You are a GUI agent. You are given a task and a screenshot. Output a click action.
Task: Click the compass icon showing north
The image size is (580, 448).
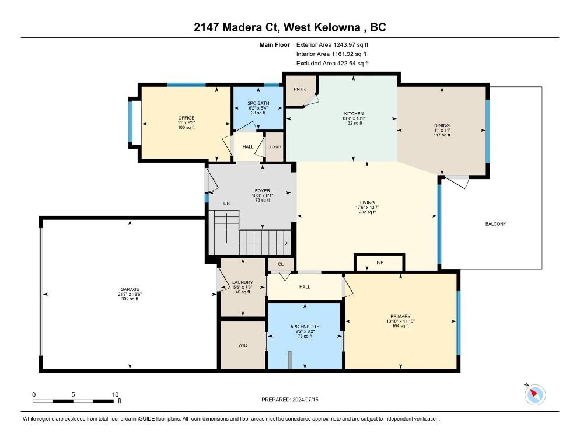coord(535,394)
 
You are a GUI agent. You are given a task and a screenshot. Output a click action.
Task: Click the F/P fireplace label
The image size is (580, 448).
coord(380,262)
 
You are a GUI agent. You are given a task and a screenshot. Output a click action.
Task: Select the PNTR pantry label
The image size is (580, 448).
coord(299,89)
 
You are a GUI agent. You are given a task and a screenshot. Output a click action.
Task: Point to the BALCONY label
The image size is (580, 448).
coord(495,224)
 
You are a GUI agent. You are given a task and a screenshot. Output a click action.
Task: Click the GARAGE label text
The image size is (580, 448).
coord(130,289)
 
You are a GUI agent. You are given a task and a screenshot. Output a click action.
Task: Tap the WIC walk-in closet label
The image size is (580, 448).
coord(243,345)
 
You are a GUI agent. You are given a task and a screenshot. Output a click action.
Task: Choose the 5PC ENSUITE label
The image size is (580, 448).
coord(305,327)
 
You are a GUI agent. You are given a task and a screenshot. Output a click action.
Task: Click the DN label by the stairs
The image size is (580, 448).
coord(226,204)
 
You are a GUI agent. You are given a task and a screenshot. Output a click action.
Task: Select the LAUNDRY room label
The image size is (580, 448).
coord(243,282)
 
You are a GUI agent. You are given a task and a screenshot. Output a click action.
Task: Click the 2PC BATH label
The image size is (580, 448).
coord(258,103)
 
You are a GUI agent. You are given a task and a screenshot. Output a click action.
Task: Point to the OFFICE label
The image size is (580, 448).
coord(186,118)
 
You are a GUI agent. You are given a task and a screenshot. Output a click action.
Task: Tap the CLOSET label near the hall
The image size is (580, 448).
coord(274,147)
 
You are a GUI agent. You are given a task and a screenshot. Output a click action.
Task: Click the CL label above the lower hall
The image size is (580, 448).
coord(281,264)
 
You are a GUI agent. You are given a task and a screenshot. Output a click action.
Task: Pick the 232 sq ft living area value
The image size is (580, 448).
coord(367,212)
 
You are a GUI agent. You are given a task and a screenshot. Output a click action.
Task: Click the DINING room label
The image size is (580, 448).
coord(442,125)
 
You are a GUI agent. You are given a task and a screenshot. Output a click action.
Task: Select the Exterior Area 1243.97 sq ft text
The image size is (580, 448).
coord(332,45)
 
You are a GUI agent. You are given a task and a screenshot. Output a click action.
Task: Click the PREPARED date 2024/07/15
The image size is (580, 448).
coord(305,400)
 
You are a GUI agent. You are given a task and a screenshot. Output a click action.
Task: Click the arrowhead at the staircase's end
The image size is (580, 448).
coord(286,243)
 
